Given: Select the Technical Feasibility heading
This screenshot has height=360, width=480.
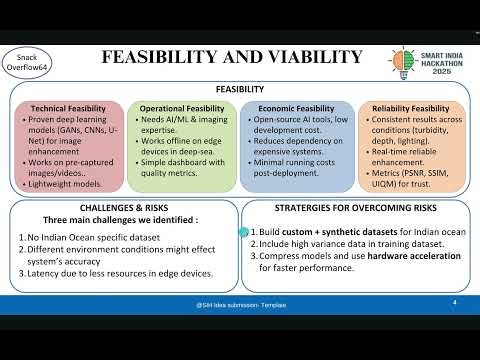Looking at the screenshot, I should [68, 108].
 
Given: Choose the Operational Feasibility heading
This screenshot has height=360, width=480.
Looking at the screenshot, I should [182, 108].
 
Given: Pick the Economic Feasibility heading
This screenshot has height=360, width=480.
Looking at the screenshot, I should [296, 108].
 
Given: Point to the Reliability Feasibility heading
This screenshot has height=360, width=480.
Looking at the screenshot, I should [410, 108].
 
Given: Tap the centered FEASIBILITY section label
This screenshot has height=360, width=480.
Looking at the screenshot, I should [240, 89].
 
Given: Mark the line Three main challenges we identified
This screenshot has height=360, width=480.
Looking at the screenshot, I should [120, 220].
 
